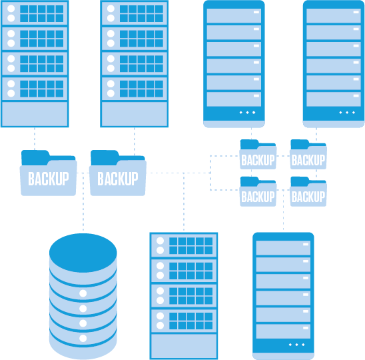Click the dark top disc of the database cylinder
pyautogui.click(x=83, y=253)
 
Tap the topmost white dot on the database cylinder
pyautogui.click(x=83, y=293)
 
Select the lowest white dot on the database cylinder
pyautogui.click(x=83, y=338)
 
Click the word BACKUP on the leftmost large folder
pyautogui.click(x=49, y=179)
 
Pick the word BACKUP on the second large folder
pyautogui.click(x=118, y=179)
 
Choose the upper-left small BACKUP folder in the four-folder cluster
pyautogui.click(x=258, y=154)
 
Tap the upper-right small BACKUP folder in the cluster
pyautogui.click(x=308, y=154)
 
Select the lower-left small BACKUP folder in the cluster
pyautogui.click(x=258, y=191)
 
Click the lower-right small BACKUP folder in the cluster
pyautogui.click(x=308, y=191)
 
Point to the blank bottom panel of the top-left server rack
pyautogui.click(x=35, y=114)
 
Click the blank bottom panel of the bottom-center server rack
pyautogui.click(x=184, y=346)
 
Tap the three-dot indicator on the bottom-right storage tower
pyautogui.click(x=296, y=345)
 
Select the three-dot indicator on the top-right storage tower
pyautogui.click(x=347, y=113)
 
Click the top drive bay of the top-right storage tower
pyautogui.click(x=334, y=15)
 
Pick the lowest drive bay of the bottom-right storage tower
pyautogui.click(x=283, y=331)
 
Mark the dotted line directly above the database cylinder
pyautogui.click(x=83, y=203)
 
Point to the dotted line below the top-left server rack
pyautogui.click(x=35, y=139)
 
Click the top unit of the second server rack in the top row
pyautogui.click(x=135, y=13)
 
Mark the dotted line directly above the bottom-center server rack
pyautogui.click(x=184, y=202)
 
